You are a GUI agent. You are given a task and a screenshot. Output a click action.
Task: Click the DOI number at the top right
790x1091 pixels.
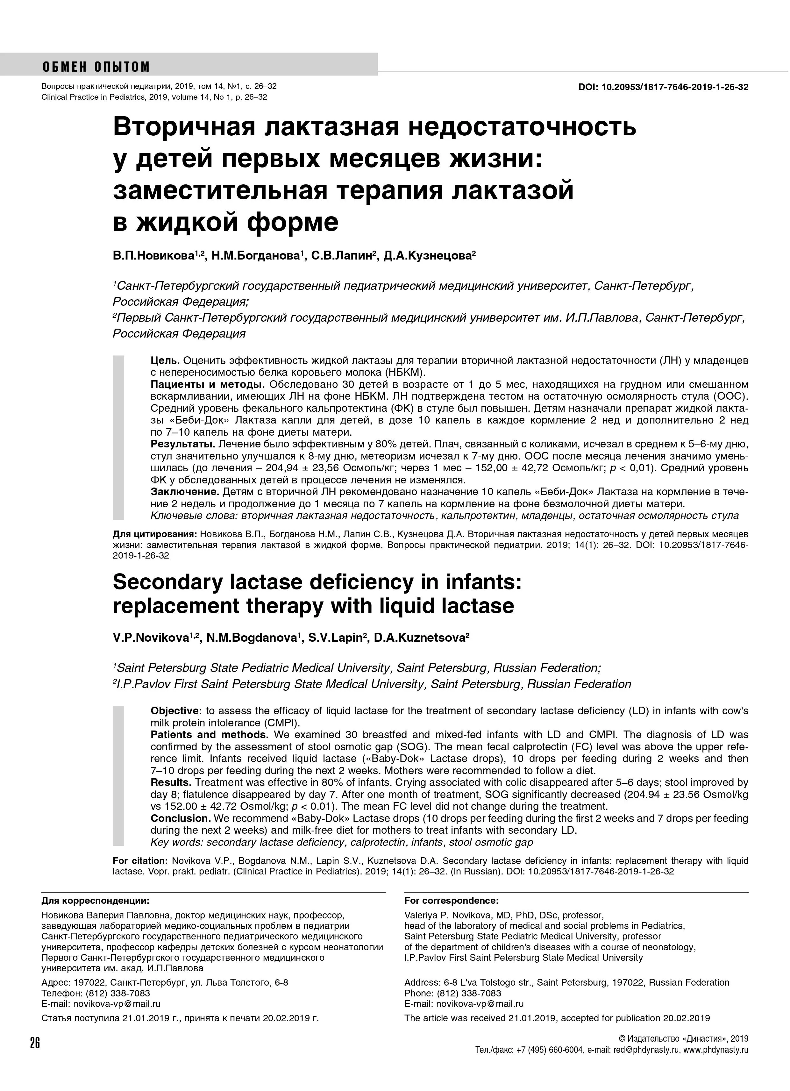click(x=674, y=87)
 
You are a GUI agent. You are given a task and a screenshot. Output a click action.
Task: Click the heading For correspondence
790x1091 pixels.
click(x=451, y=901)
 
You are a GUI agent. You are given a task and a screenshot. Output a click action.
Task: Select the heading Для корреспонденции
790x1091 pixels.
click(x=95, y=901)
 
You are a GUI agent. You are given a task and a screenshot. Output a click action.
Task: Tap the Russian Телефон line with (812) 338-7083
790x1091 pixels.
click(x=96, y=993)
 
